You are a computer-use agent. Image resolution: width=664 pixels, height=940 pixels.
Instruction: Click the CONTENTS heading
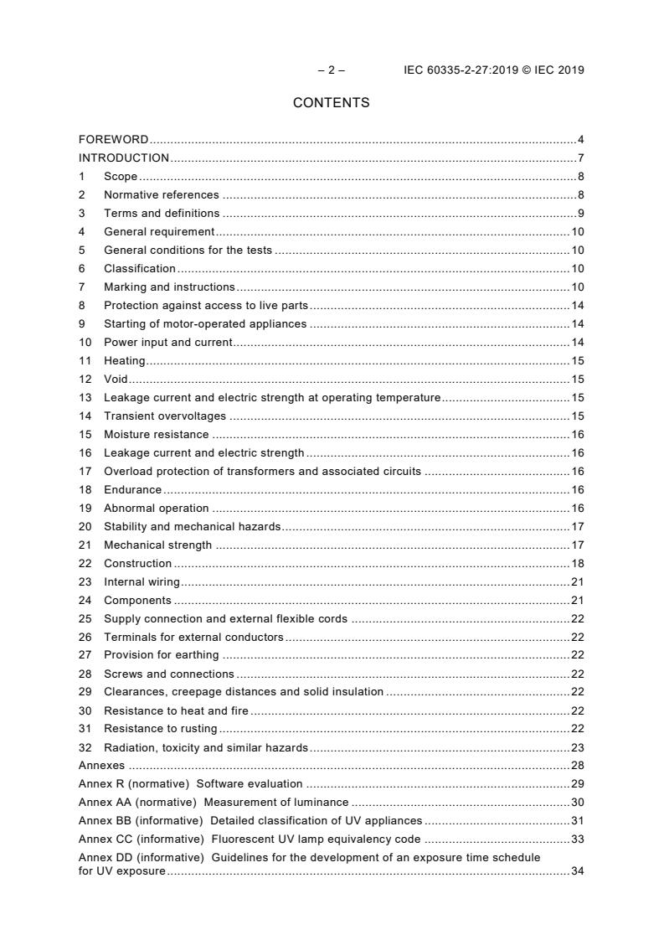tap(331, 103)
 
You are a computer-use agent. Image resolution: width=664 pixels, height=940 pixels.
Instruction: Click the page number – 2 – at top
tap(331, 70)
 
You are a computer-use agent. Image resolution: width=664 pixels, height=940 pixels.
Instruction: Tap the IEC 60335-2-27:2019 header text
tap(493, 70)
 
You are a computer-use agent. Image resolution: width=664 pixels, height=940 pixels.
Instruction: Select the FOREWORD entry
tap(113, 140)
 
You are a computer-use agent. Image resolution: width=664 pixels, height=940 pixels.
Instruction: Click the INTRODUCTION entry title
tap(124, 158)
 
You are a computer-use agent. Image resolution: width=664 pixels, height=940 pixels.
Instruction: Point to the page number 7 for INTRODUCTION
tap(580, 158)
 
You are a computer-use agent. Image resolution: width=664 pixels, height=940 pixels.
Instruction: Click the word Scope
tap(121, 177)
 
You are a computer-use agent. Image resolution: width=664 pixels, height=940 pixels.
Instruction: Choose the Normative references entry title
tap(161, 195)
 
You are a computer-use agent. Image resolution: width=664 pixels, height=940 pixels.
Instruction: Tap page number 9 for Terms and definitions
tap(580, 214)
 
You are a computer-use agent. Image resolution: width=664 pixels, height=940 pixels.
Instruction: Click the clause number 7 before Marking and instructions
tap(82, 287)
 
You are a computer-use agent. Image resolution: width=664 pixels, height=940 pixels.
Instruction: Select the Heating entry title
tap(124, 361)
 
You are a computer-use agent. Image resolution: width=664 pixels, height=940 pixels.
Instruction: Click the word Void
tap(116, 380)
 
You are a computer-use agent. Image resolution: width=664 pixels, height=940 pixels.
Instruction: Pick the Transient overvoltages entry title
tap(164, 416)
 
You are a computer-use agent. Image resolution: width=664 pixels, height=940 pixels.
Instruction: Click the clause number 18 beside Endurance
tap(85, 490)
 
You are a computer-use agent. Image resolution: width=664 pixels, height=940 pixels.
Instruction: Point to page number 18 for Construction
tap(577, 564)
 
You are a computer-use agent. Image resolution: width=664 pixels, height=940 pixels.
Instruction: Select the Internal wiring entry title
tap(142, 582)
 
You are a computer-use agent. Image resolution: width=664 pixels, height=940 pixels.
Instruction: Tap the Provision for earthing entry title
tap(161, 655)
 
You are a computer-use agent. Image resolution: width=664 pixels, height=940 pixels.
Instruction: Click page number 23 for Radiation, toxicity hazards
tap(577, 748)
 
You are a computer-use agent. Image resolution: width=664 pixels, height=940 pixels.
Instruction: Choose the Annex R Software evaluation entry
tap(190, 785)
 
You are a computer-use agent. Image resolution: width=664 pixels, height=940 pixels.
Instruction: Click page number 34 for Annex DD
tap(577, 872)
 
